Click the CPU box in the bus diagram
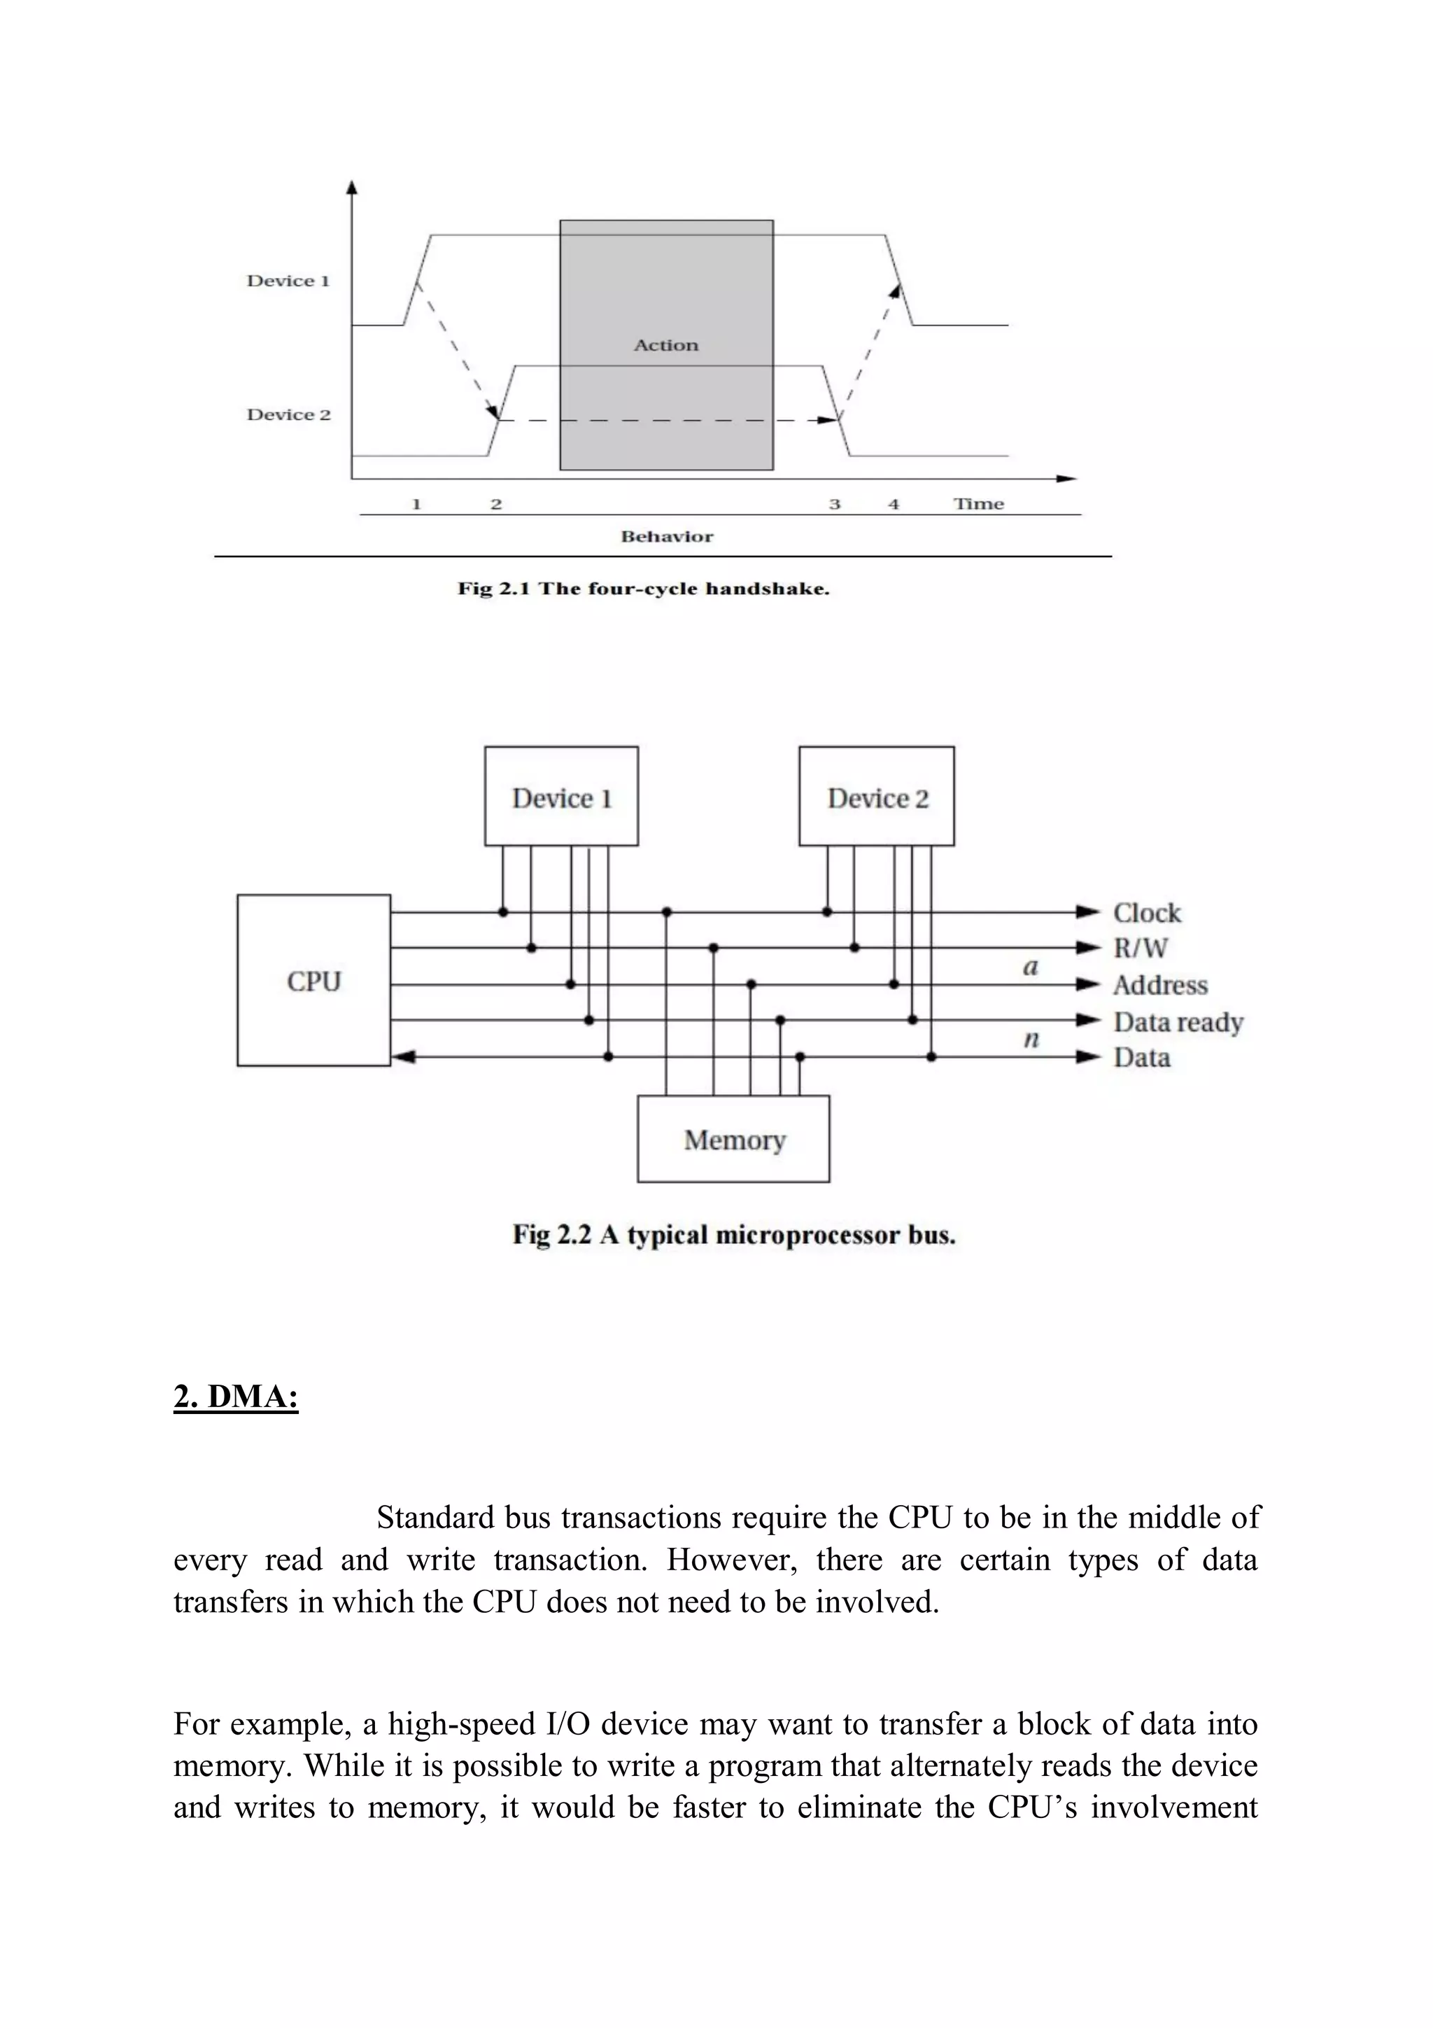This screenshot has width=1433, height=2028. click(313, 981)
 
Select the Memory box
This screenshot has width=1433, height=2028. click(734, 1140)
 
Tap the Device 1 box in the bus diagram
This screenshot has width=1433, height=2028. click(562, 797)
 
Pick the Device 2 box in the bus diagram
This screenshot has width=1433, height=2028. click(877, 797)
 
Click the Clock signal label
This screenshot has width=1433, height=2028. click(1146, 912)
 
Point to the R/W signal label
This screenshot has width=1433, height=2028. click(1140, 949)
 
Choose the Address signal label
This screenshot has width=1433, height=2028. click(1159, 985)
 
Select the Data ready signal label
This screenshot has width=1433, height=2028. click(1178, 1022)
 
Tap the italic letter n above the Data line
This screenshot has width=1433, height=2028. click(1031, 1040)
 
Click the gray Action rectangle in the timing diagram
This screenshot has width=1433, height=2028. click(667, 344)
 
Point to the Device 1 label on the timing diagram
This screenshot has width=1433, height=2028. click(288, 281)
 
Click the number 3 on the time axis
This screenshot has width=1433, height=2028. click(834, 504)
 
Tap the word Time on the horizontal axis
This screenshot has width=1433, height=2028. click(978, 504)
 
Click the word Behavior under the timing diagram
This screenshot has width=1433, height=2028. click(667, 536)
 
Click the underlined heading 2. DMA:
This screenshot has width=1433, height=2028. click(236, 1397)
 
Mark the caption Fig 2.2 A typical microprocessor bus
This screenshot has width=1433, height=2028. click(734, 1235)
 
